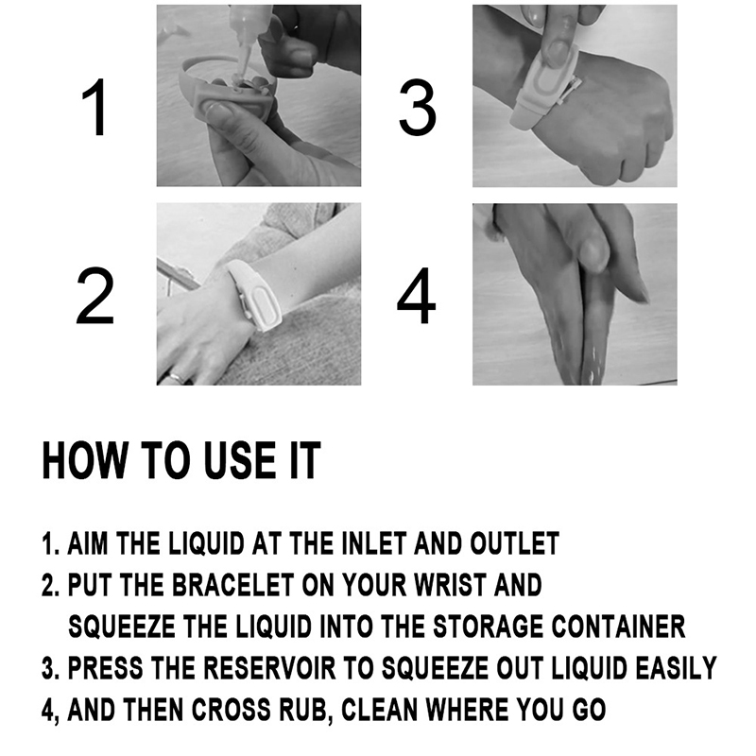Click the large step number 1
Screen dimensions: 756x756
[x=95, y=108]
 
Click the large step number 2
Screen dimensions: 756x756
[x=95, y=297]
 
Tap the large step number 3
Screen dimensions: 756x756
[x=418, y=108]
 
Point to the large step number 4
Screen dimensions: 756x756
[x=416, y=297]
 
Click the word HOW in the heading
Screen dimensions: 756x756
[x=84, y=460]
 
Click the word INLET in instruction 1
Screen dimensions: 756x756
[x=373, y=543]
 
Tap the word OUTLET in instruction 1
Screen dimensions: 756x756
[x=514, y=543]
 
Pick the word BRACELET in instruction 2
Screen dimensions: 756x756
[x=233, y=585]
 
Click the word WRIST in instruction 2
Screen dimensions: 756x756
[x=450, y=585]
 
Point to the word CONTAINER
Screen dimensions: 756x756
[x=618, y=627]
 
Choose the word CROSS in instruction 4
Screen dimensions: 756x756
[x=232, y=710]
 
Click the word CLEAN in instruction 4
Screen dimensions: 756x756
[x=380, y=710]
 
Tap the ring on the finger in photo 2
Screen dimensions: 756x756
[x=177, y=377]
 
